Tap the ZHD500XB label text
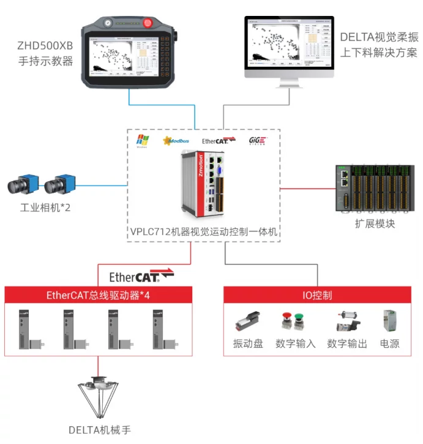pyautogui.click(x=46, y=45)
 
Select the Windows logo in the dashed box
pyautogui.click(x=142, y=141)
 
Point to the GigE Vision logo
pyautogui.click(x=258, y=141)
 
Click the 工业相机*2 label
pyautogui.click(x=45, y=208)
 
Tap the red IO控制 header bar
pyautogui.click(x=316, y=295)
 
